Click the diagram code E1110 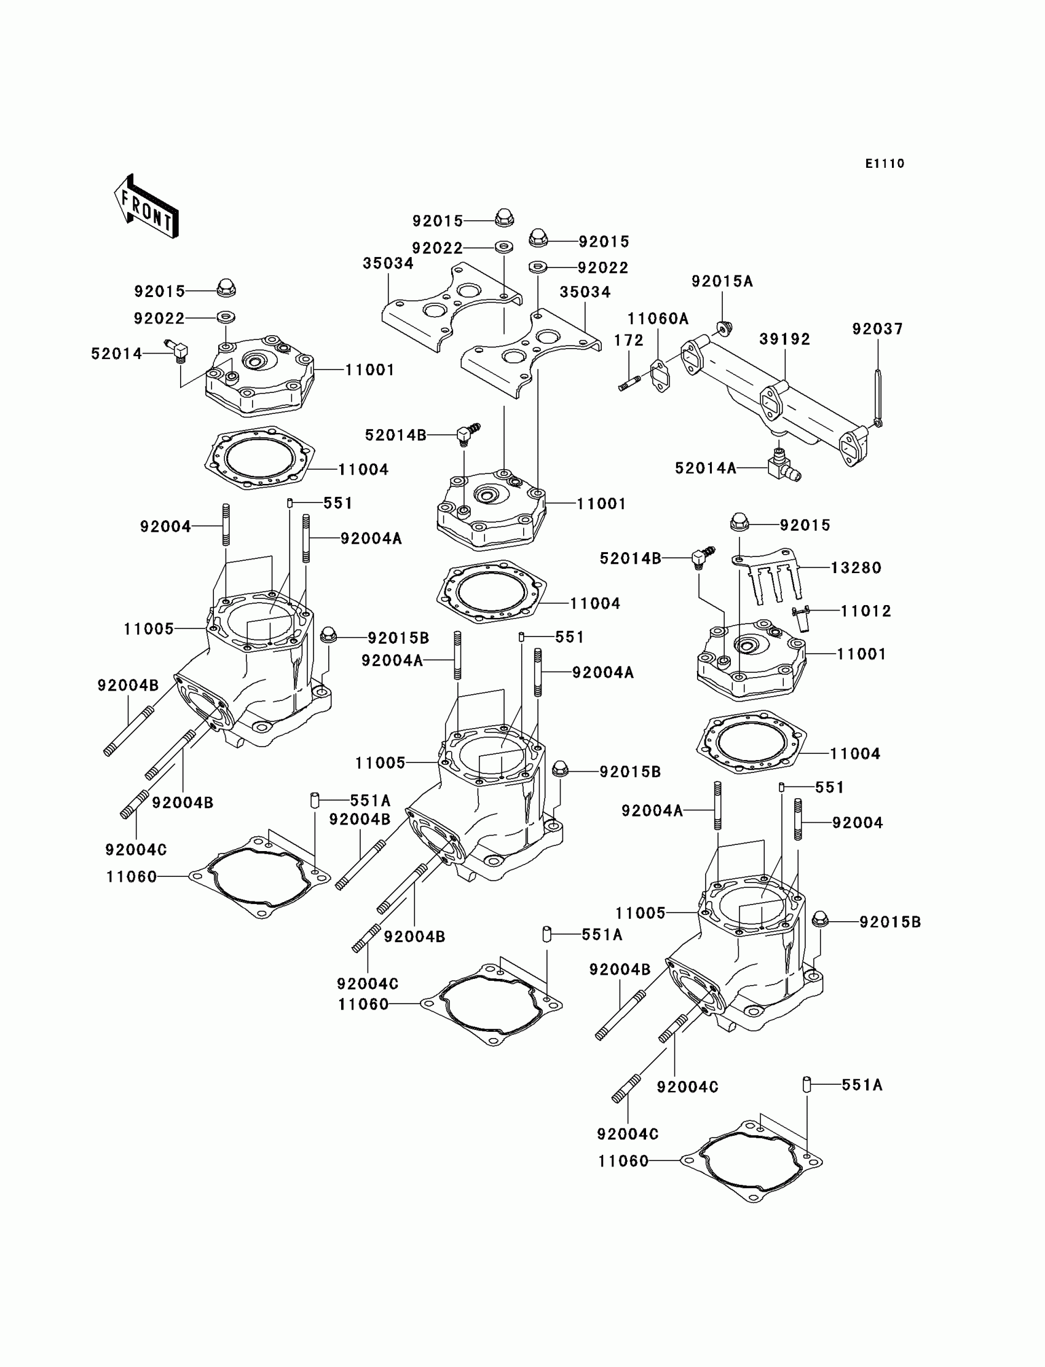click(x=885, y=164)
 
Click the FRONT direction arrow click(x=147, y=207)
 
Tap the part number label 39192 click(x=785, y=339)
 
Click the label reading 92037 click(x=878, y=328)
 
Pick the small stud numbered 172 click(x=629, y=381)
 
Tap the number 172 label click(x=629, y=340)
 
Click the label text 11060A click(x=658, y=319)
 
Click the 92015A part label click(x=722, y=281)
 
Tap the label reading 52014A click(x=706, y=468)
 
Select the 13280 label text click(x=856, y=568)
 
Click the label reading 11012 click(x=866, y=611)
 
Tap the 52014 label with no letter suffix click(x=116, y=354)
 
